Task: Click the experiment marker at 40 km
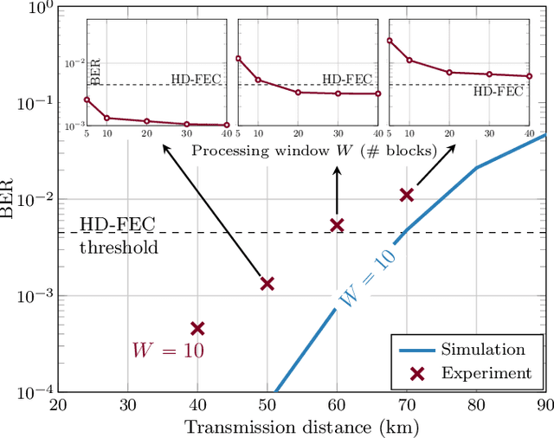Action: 197,328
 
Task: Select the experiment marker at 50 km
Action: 267,284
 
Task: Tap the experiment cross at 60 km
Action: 338,225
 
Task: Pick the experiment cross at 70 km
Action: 407,195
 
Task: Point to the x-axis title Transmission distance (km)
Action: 303,428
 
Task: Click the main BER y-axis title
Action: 10,200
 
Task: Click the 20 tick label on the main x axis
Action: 57,407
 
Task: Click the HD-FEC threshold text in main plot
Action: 119,235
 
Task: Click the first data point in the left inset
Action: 87,99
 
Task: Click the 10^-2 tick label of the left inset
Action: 74,62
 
